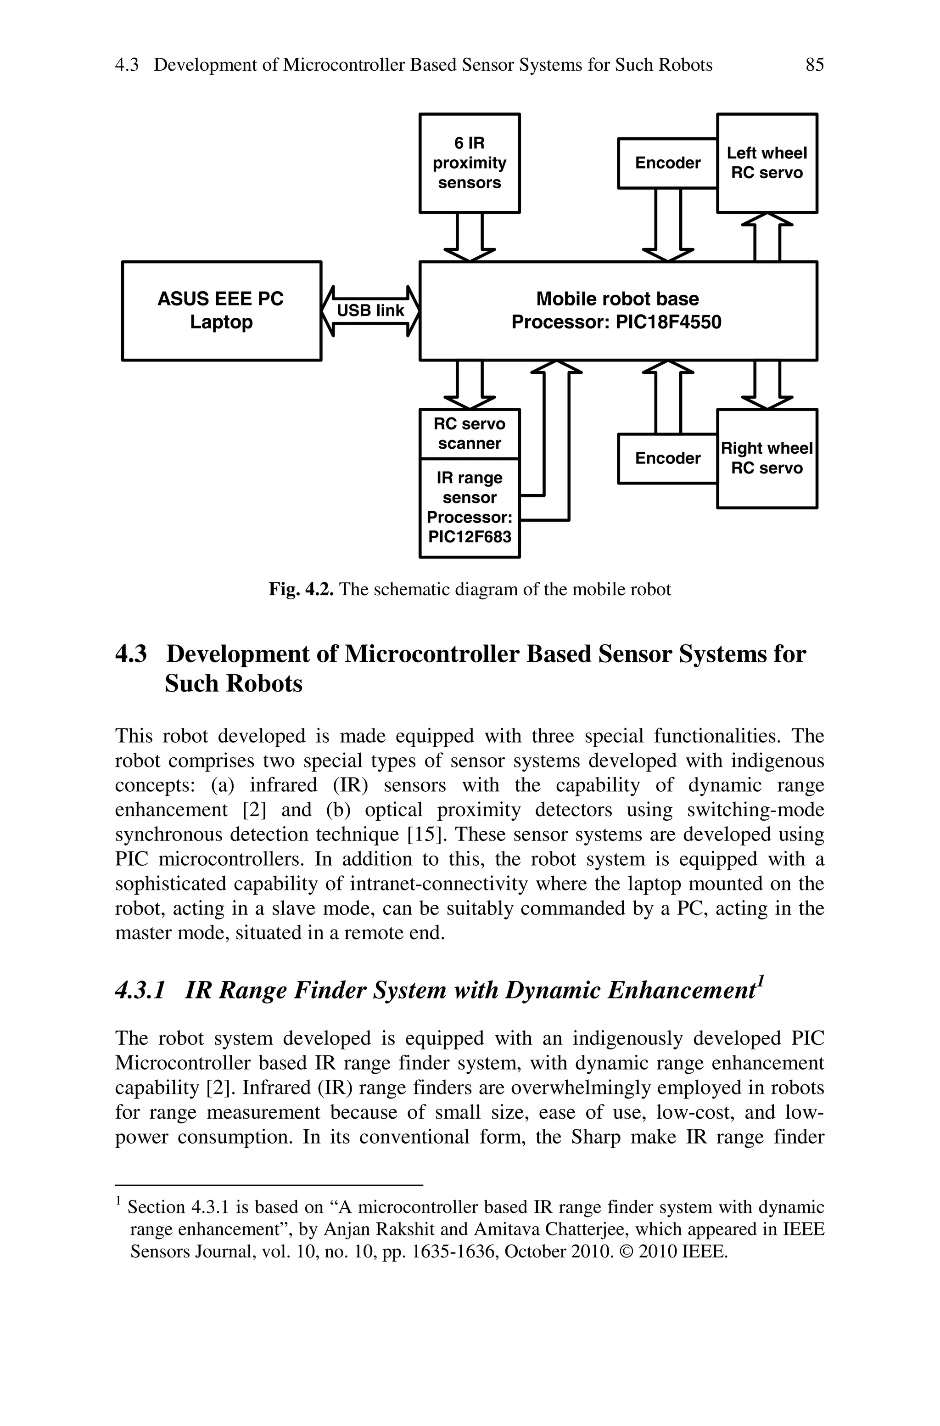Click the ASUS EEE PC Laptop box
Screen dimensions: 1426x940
tap(221, 310)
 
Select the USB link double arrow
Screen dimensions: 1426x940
tap(370, 310)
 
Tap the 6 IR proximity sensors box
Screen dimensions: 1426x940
tap(470, 163)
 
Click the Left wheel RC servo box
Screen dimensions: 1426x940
tap(767, 163)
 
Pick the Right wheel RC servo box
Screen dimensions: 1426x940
tap(767, 458)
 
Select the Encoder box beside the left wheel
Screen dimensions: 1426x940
tap(667, 163)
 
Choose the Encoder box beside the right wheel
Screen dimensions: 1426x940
tap(667, 459)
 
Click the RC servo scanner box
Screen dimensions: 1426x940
tap(470, 434)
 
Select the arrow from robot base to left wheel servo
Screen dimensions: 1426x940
tap(767, 237)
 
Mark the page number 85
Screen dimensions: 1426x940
tap(815, 65)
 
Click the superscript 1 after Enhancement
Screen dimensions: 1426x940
tap(760, 981)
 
